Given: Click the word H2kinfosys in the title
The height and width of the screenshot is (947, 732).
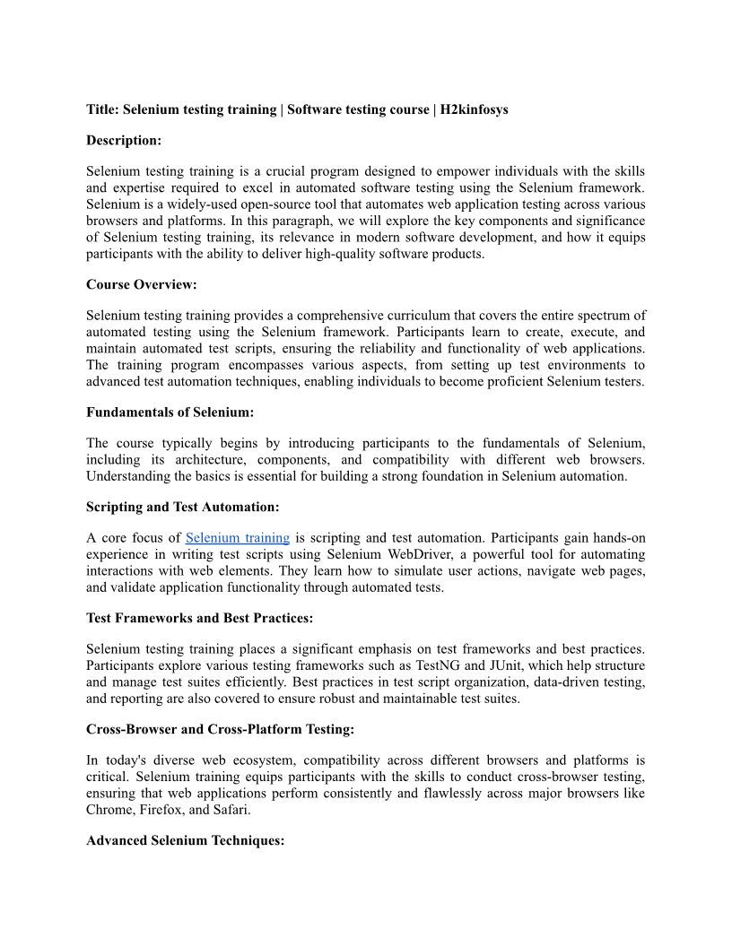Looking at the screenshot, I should pyautogui.click(x=475, y=109).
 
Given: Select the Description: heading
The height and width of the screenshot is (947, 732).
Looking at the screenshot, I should pyautogui.click(x=124, y=140).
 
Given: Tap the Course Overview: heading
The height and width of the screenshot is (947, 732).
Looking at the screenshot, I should pyautogui.click(x=141, y=284).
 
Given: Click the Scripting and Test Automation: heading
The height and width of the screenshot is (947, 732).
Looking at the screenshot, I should pyautogui.click(x=182, y=507).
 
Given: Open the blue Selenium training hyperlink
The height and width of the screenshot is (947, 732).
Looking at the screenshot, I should pyautogui.click(x=237, y=538).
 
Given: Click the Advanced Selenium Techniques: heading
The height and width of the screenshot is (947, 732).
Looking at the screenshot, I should pyautogui.click(x=185, y=841).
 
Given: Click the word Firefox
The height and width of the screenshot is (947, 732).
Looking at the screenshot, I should pyautogui.click(x=162, y=810).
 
